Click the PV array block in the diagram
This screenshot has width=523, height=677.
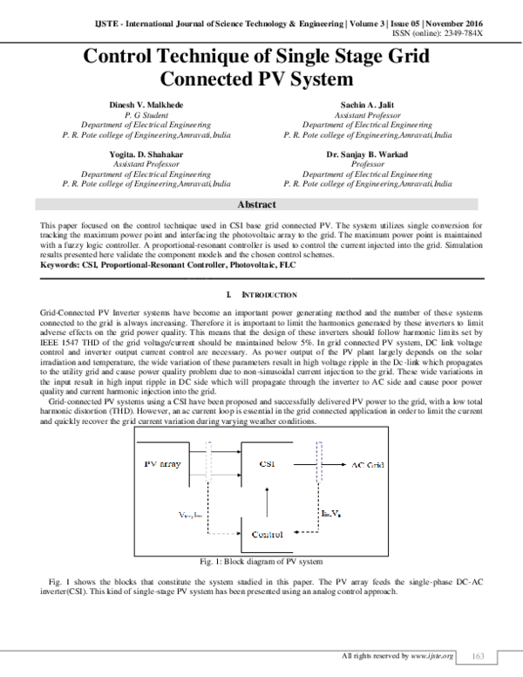(x=162, y=464)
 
